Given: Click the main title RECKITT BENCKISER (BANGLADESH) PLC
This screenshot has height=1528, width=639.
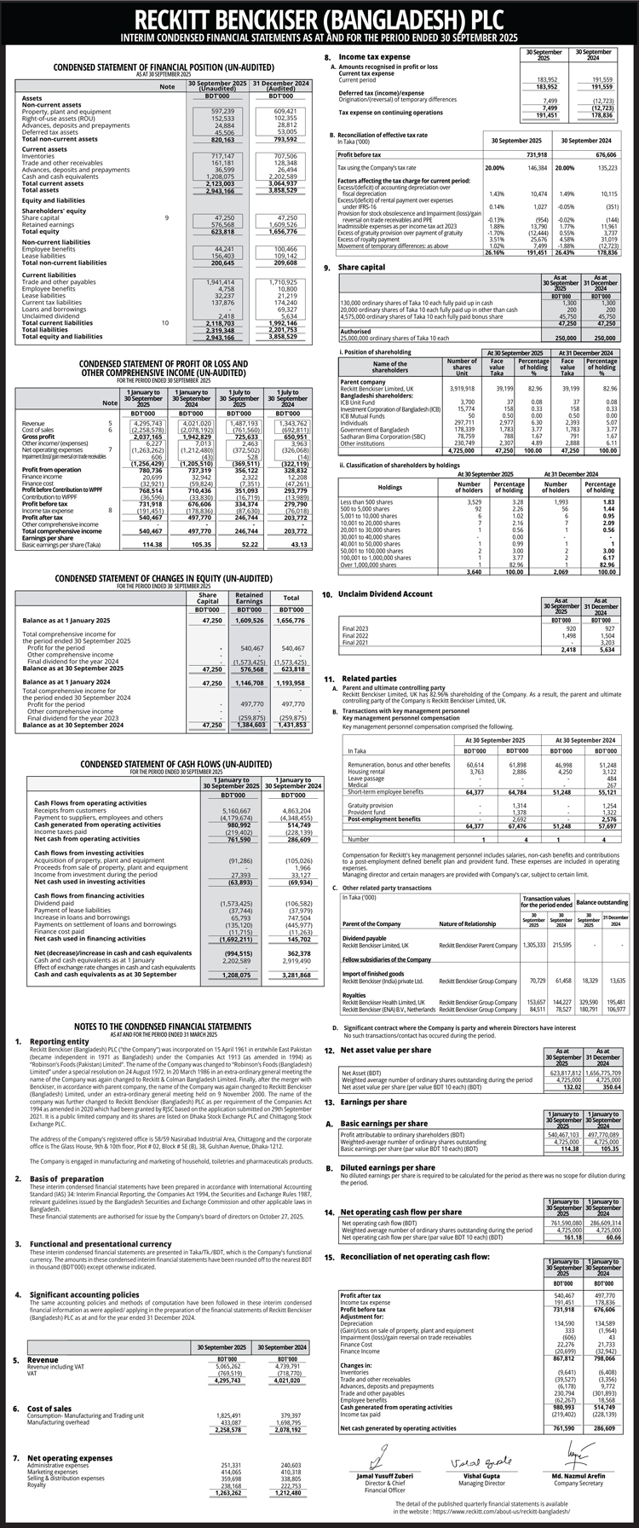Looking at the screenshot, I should click(319, 19).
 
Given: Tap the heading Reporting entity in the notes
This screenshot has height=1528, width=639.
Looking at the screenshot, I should click(59, 1041).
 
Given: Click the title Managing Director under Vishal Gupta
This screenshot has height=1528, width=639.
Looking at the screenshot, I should click(470, 1484).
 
